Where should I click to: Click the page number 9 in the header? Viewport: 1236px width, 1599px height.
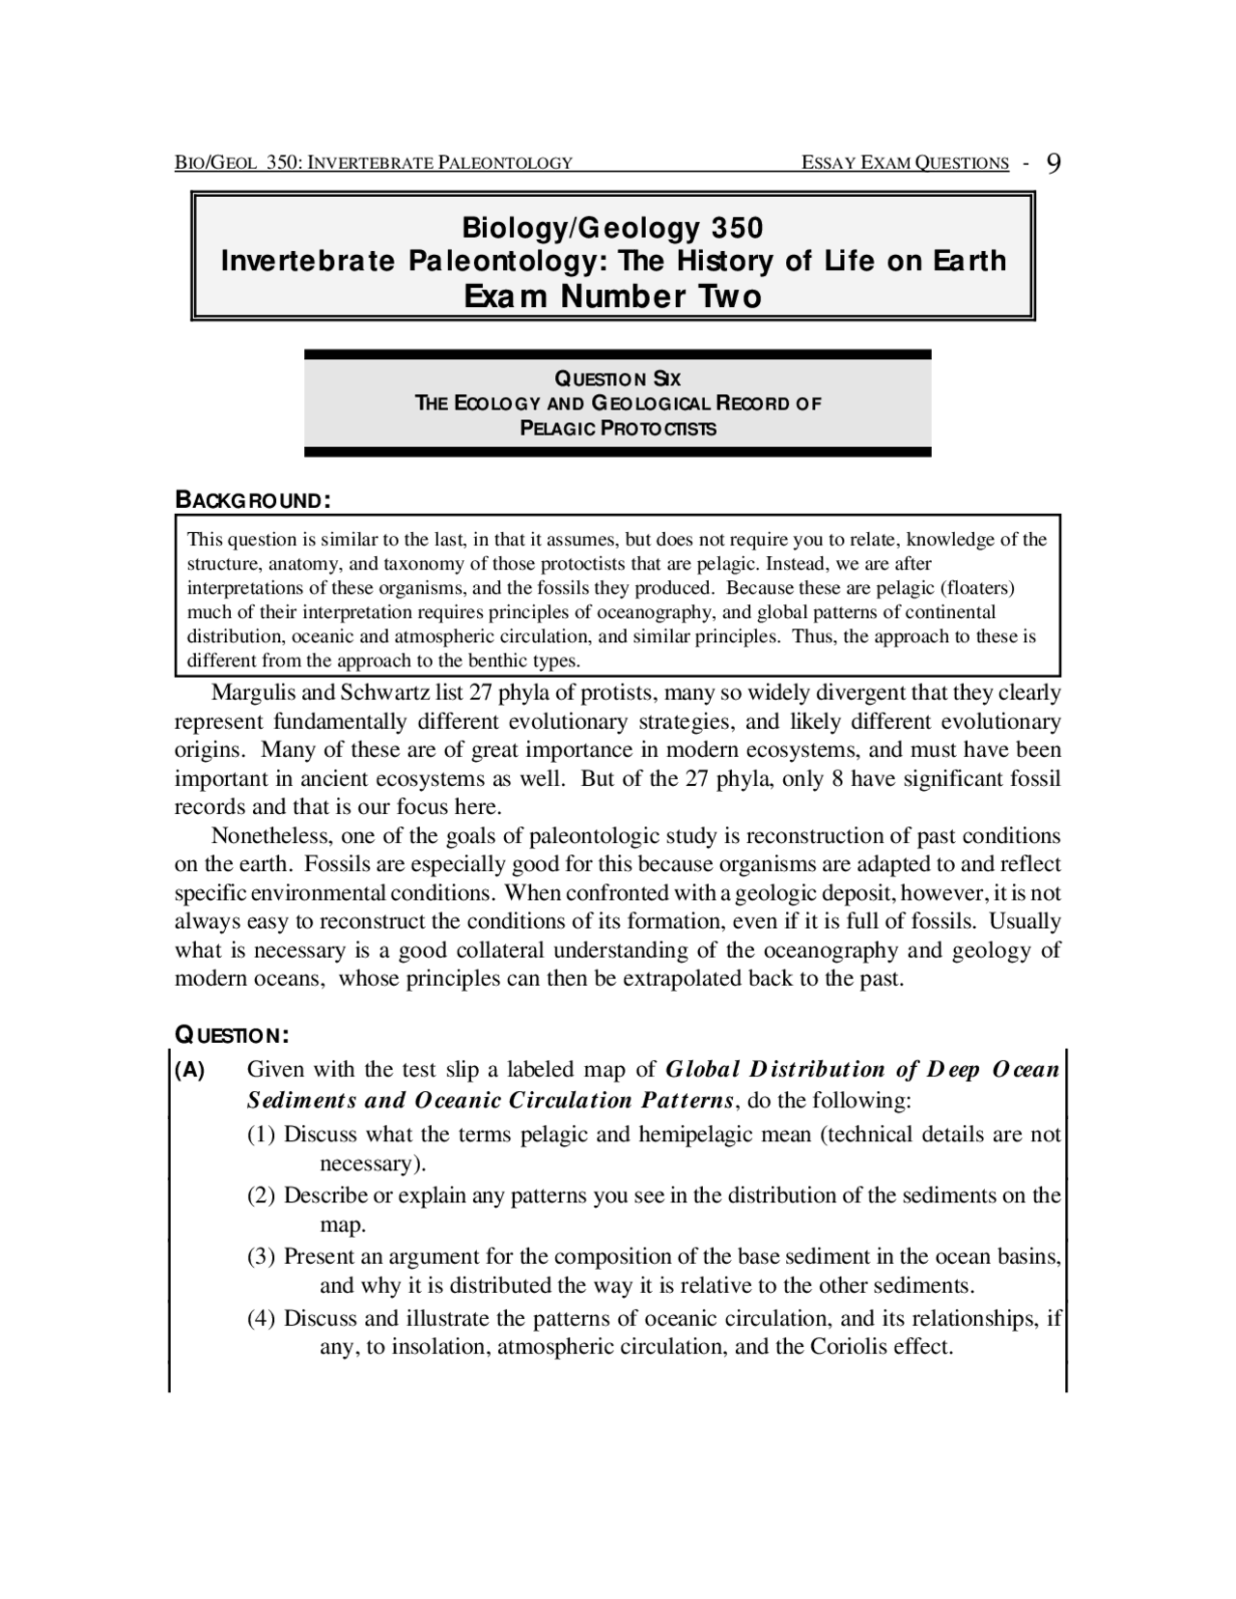pyautogui.click(x=1053, y=162)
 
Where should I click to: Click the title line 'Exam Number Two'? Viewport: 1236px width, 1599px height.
pyautogui.click(x=612, y=295)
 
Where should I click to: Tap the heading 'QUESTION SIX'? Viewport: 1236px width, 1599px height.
pyautogui.click(x=617, y=379)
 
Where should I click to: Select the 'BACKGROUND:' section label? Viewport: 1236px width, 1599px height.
pyautogui.click(x=253, y=500)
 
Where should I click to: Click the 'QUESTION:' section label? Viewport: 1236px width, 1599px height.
pyautogui.click(x=232, y=1035)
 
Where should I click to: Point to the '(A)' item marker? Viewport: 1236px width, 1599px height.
pyautogui.click(x=189, y=1070)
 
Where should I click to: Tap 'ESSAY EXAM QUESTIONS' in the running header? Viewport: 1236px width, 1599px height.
pyautogui.click(x=905, y=163)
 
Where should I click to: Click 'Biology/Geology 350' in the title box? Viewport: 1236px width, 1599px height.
pyautogui.click(x=612, y=228)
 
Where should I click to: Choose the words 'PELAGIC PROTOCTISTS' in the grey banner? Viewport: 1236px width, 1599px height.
pyautogui.click(x=618, y=429)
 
